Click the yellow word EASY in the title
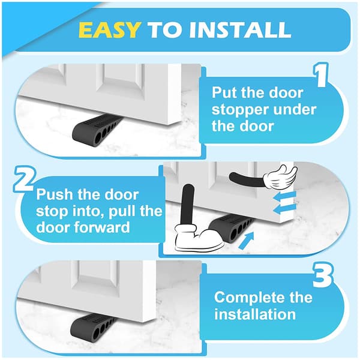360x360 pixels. click(x=109, y=30)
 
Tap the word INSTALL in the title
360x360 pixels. click(x=240, y=30)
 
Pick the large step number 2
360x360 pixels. click(x=25, y=179)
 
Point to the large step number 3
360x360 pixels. click(x=322, y=275)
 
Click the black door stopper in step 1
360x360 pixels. click(x=98, y=130)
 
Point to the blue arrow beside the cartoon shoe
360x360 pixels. click(x=247, y=241)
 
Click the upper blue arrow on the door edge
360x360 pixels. click(x=285, y=197)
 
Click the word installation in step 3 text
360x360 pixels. click(x=255, y=314)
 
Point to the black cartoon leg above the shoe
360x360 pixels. click(x=188, y=205)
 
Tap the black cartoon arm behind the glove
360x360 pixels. click(x=247, y=179)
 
